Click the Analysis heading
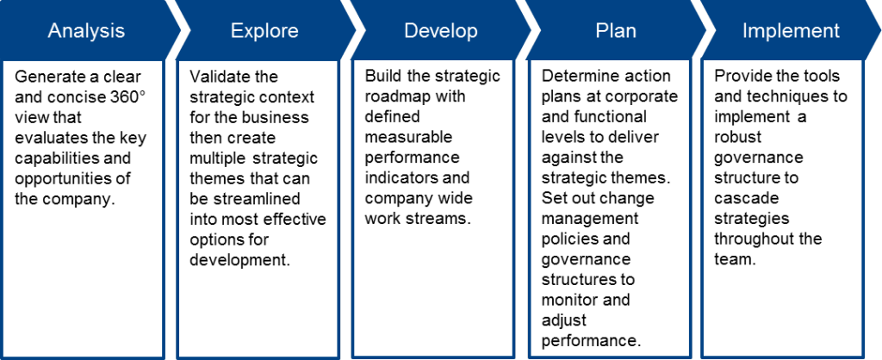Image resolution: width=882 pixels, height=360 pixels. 86,31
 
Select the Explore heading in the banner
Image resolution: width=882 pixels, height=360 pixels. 264,31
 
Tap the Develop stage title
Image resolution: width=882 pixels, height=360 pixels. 441,31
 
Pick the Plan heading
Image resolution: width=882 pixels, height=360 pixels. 616,31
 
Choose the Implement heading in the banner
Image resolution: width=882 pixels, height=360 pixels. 791,31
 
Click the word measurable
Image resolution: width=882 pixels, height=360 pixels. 407,137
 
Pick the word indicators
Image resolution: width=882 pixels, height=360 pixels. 400,178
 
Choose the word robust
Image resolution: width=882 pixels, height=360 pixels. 737,137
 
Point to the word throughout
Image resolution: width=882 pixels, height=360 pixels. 753,239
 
